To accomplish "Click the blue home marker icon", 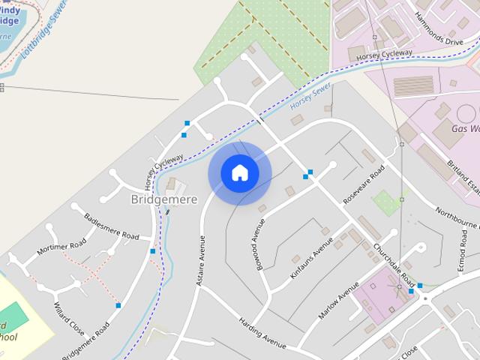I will pos(240,172).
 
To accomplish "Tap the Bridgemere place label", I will pos(163,199).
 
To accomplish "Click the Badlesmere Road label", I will pos(112,226).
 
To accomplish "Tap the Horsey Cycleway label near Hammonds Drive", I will pos(384,55).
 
